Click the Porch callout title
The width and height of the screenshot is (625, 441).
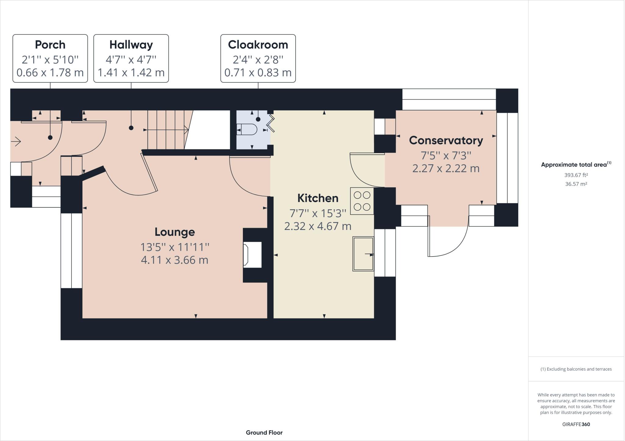click(x=50, y=45)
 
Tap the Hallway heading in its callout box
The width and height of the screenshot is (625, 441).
click(x=131, y=45)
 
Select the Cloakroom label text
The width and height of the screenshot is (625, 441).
click(x=258, y=45)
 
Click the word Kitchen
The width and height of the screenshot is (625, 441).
click(x=318, y=198)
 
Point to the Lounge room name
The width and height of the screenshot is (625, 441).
click(x=175, y=232)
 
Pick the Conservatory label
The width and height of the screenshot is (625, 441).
click(x=446, y=140)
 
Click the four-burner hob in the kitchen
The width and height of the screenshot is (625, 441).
click(x=362, y=201)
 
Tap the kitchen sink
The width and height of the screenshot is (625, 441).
click(x=363, y=254)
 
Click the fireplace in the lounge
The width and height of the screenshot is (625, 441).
click(x=252, y=255)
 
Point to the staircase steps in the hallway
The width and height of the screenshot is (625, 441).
click(x=166, y=130)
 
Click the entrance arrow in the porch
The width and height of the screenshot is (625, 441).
click(x=16, y=142)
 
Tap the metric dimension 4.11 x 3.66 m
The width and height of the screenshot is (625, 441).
click(x=175, y=260)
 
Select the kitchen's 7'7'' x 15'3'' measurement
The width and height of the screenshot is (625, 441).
click(x=318, y=213)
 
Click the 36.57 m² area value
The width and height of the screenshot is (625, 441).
click(x=576, y=184)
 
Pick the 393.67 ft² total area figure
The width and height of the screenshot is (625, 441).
click(x=576, y=175)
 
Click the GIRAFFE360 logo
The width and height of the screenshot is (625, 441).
click(x=576, y=424)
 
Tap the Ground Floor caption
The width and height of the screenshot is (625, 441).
click(x=264, y=432)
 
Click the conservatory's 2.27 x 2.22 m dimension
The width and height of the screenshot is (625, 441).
click(x=446, y=168)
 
